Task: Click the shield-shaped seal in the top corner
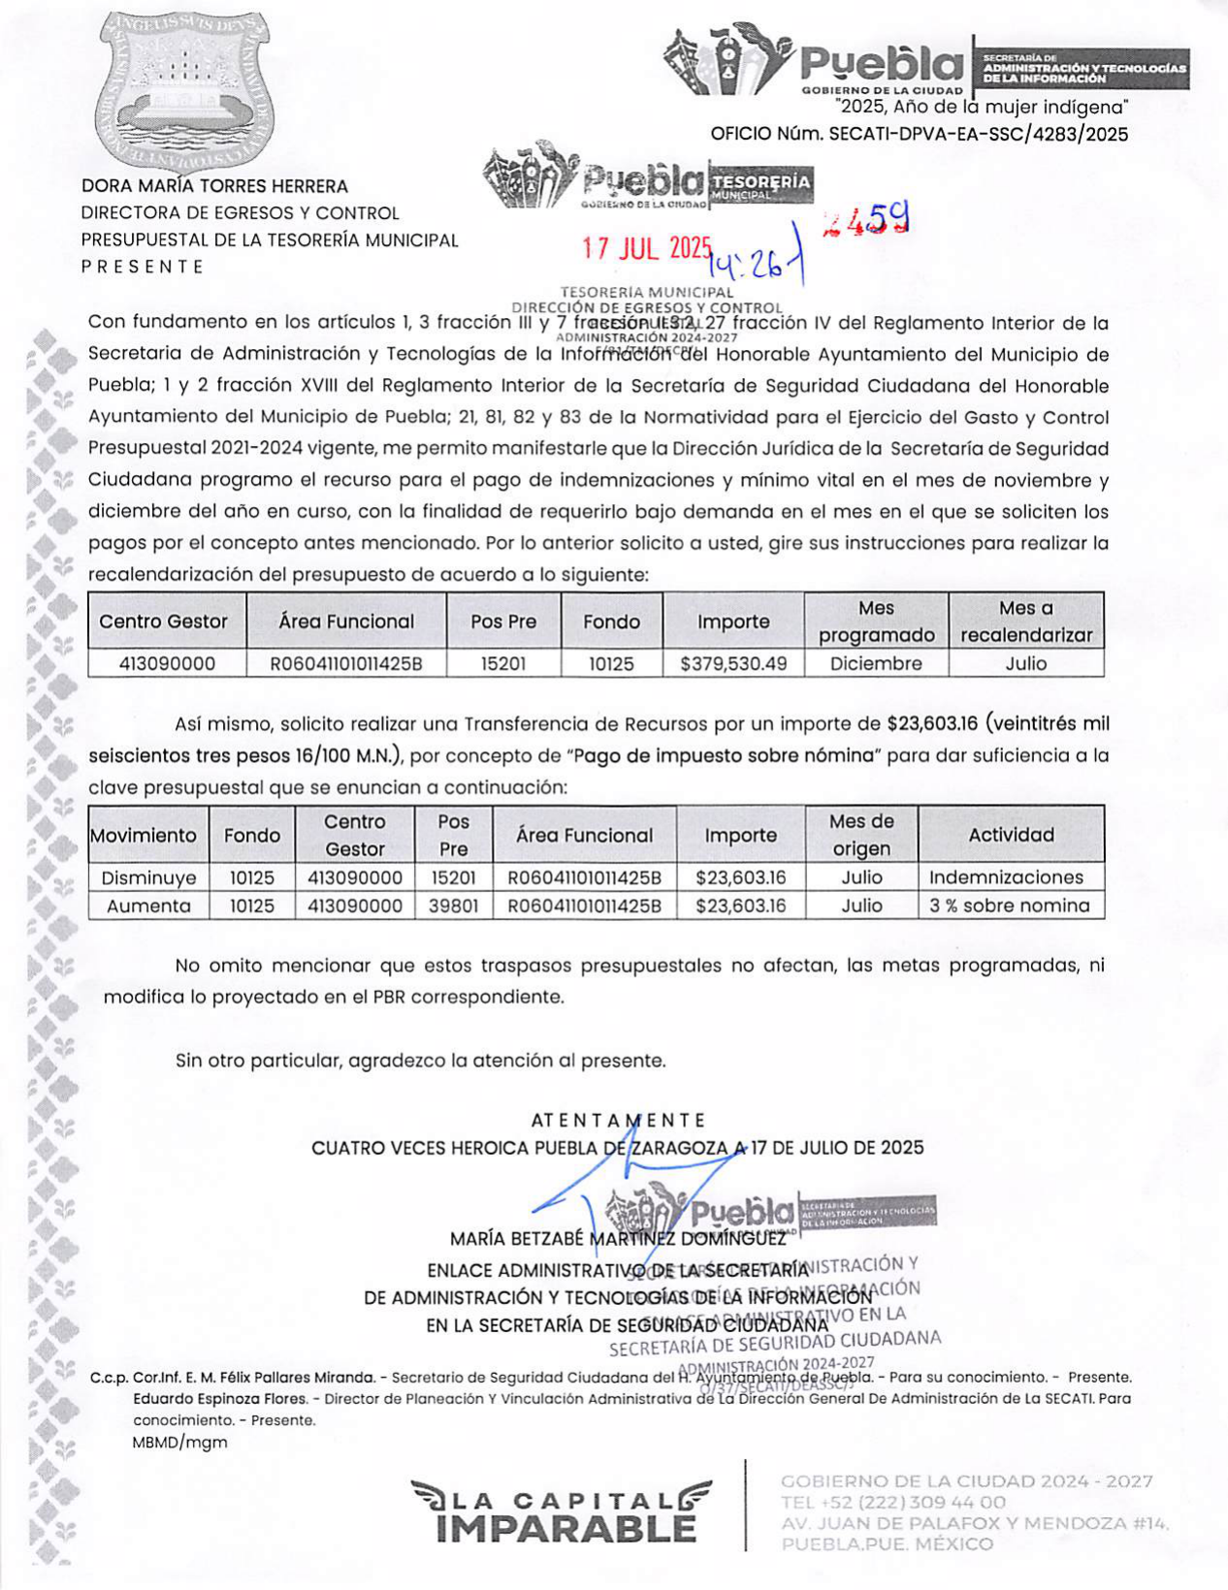point(183,86)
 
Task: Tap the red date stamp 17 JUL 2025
point(646,248)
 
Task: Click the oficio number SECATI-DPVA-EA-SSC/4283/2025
point(919,135)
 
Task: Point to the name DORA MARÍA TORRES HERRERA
point(214,186)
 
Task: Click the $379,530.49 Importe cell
point(733,664)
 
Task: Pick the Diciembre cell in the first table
point(876,664)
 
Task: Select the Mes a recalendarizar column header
point(1026,621)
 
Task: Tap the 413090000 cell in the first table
point(167,664)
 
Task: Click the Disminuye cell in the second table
point(148,878)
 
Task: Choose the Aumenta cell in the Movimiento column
point(148,906)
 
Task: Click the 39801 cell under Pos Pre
point(453,906)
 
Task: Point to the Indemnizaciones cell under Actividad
point(1006,878)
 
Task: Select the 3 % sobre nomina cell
point(1009,906)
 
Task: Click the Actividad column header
point(1011,835)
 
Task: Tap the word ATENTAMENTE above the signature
point(618,1121)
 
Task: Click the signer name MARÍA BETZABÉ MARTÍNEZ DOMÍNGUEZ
point(618,1239)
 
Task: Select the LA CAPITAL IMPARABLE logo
point(561,1511)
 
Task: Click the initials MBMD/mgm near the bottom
point(179,1442)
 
